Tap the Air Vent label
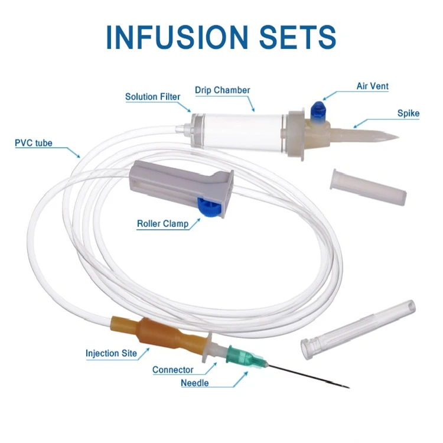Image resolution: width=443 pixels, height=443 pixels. tap(372, 86)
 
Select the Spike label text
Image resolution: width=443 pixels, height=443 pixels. tap(408, 113)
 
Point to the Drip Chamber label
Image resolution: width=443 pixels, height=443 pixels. tap(223, 90)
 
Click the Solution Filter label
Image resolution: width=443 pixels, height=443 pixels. tap(152, 97)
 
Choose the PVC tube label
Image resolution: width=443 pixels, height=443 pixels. tap(34, 143)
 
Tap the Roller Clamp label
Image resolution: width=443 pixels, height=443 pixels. tap(162, 224)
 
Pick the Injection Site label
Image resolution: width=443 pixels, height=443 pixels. tap(111, 354)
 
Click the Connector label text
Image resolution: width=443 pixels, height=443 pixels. tap(172, 370)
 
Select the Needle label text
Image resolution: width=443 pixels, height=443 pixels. tap(194, 383)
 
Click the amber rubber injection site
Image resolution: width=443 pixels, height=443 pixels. tap(159, 334)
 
